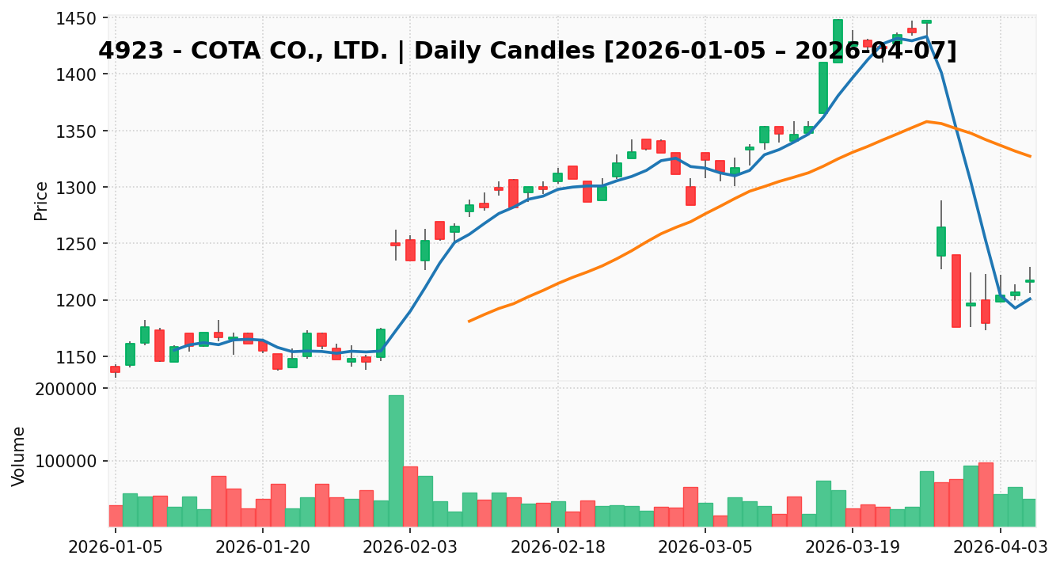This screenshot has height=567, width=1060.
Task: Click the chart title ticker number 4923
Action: click(x=126, y=51)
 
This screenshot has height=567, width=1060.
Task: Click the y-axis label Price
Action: click(x=41, y=200)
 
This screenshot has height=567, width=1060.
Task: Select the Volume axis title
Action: click(x=19, y=456)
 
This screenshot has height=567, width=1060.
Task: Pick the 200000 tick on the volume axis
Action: click(x=72, y=389)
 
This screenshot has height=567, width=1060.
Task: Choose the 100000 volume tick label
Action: click(x=72, y=462)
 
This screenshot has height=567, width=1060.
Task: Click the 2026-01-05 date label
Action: click(x=115, y=546)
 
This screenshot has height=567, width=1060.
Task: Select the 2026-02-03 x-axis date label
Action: click(x=409, y=546)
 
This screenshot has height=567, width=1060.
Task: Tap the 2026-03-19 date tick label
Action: click(x=852, y=546)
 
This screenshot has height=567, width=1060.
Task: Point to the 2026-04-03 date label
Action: click(x=999, y=546)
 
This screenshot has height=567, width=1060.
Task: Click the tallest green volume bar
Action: click(x=396, y=460)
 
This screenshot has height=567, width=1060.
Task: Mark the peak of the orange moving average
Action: click(x=926, y=121)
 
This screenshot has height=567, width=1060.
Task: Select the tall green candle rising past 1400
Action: click(x=823, y=88)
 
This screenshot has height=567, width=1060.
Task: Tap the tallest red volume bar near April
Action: click(x=986, y=494)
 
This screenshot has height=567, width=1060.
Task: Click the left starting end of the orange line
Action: click(x=469, y=321)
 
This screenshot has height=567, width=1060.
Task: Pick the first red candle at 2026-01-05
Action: click(x=115, y=369)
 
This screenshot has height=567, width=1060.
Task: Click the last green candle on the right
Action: click(x=1029, y=280)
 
